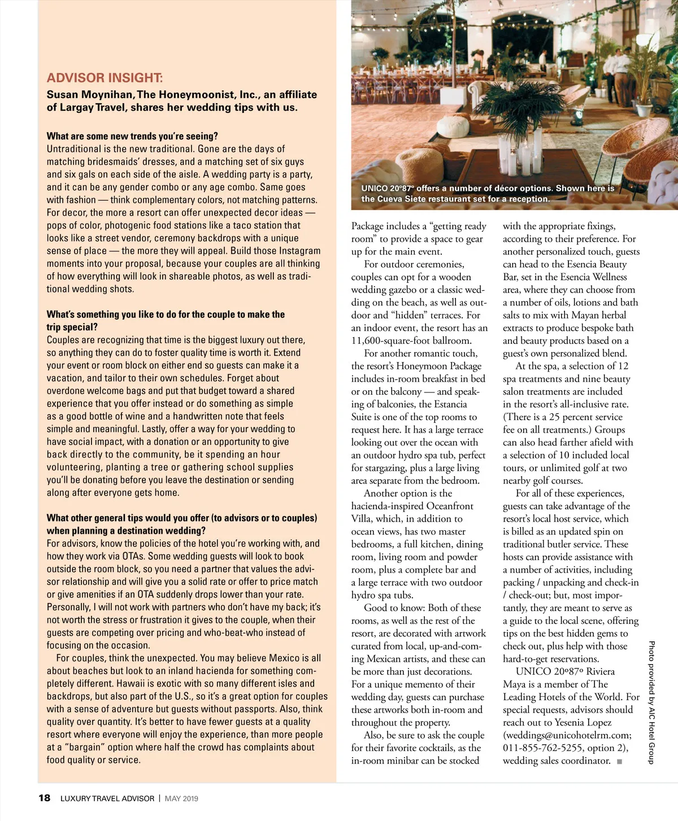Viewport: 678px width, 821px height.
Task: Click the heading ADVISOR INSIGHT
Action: pyautogui.click(x=105, y=78)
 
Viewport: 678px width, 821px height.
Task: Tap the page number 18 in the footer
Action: pyautogui.click(x=44, y=798)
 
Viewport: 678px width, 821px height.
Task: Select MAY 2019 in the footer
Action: pyautogui.click(x=181, y=798)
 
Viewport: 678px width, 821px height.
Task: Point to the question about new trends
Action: pyautogui.click(x=132, y=136)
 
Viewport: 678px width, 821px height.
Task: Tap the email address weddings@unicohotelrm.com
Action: pyautogui.click(x=567, y=735)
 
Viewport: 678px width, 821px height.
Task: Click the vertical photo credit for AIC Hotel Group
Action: pyautogui.click(x=651, y=702)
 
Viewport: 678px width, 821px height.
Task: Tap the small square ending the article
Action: pyautogui.click(x=620, y=761)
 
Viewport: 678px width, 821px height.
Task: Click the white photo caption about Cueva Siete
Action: pyautogui.click(x=488, y=194)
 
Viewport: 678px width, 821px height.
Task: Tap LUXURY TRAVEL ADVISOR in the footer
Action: pyautogui.click(x=107, y=798)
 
